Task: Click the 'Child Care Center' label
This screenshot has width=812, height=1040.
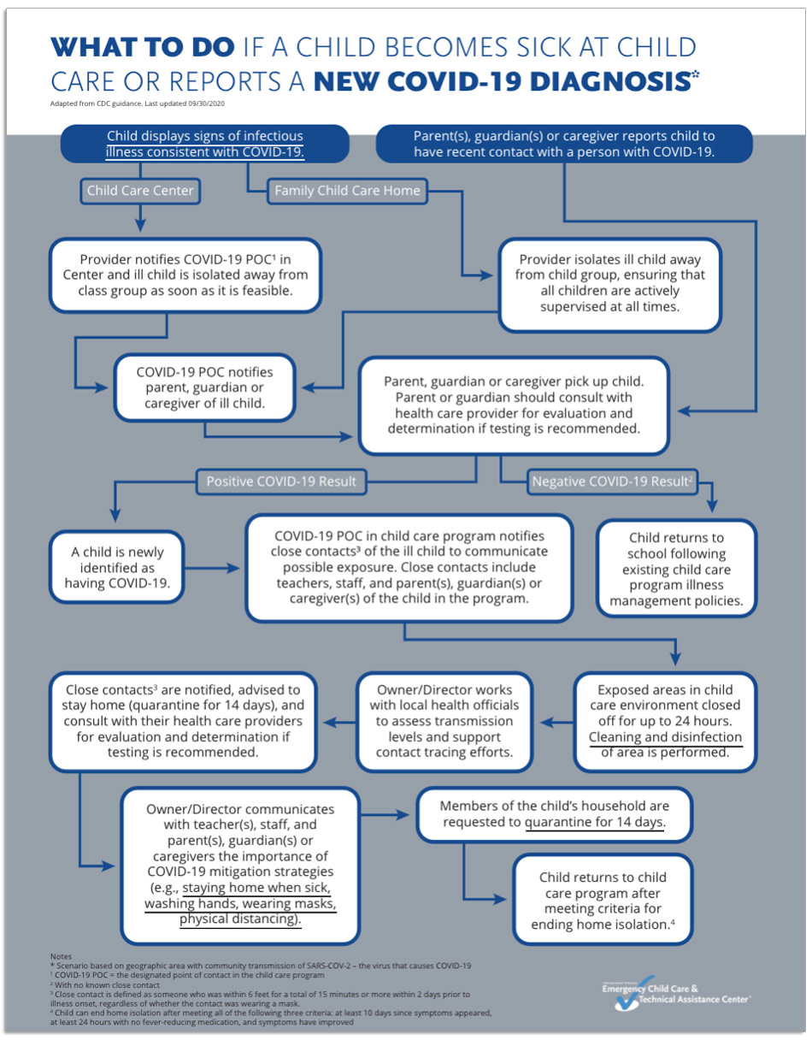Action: point(141,191)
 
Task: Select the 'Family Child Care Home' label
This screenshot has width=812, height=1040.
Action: point(347,191)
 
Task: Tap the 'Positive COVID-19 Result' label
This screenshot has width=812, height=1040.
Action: point(281,482)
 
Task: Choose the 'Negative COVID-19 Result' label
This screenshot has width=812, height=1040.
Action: point(612,482)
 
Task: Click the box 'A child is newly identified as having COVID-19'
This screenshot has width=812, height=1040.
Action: point(119,568)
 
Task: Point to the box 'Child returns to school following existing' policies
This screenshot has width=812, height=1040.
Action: point(675,570)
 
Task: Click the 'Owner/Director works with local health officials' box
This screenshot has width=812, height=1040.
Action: point(444,721)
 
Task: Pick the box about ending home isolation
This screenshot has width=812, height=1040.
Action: point(603,901)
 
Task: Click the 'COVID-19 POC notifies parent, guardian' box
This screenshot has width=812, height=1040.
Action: point(204,388)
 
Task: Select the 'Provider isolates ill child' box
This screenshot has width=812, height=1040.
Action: point(609,282)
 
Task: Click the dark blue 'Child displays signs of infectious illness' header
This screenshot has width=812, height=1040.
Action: point(205,144)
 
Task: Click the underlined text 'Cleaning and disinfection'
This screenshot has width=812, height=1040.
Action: point(665,737)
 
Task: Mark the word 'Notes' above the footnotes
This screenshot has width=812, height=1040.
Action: point(62,955)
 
